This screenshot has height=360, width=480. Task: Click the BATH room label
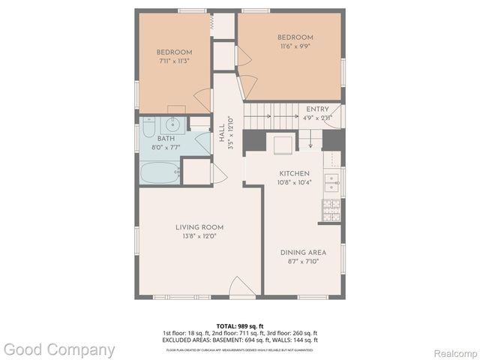click(x=166, y=139)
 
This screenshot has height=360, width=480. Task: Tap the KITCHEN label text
click(x=295, y=173)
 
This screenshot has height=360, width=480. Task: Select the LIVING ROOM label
click(x=199, y=227)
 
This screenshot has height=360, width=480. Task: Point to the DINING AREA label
click(x=303, y=252)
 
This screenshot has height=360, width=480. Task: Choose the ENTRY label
click(x=317, y=109)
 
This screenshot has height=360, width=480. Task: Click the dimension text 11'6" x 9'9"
click(x=295, y=46)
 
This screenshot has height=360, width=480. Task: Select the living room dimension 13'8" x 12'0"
click(x=199, y=236)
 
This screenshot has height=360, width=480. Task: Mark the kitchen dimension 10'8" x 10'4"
click(x=295, y=182)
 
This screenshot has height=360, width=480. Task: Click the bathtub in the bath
click(x=159, y=173)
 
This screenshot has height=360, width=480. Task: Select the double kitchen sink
click(x=331, y=181)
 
